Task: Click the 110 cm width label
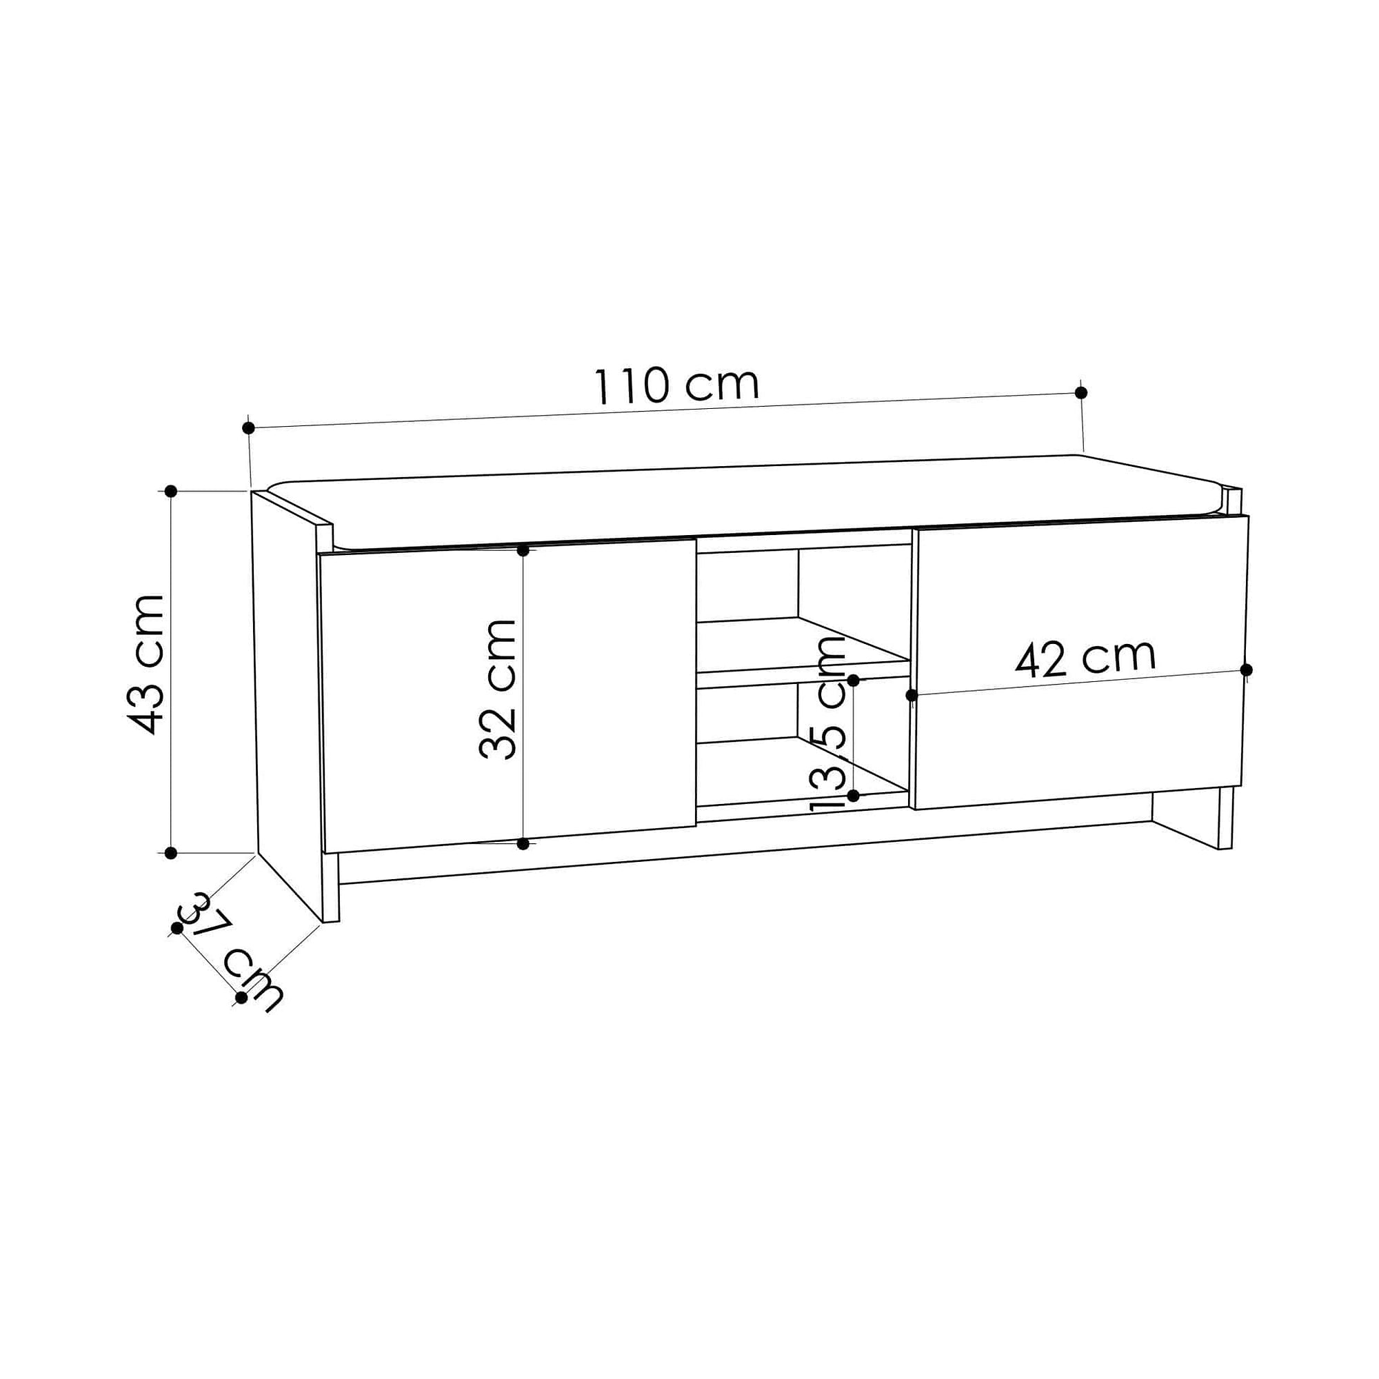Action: click(x=676, y=385)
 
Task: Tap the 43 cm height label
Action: click(x=146, y=665)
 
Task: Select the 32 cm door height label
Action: click(x=498, y=689)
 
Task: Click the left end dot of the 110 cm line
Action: click(x=248, y=428)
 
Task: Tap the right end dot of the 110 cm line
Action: click(x=1080, y=392)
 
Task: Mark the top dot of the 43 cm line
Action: click(x=170, y=491)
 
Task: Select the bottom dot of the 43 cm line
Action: click(x=170, y=853)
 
